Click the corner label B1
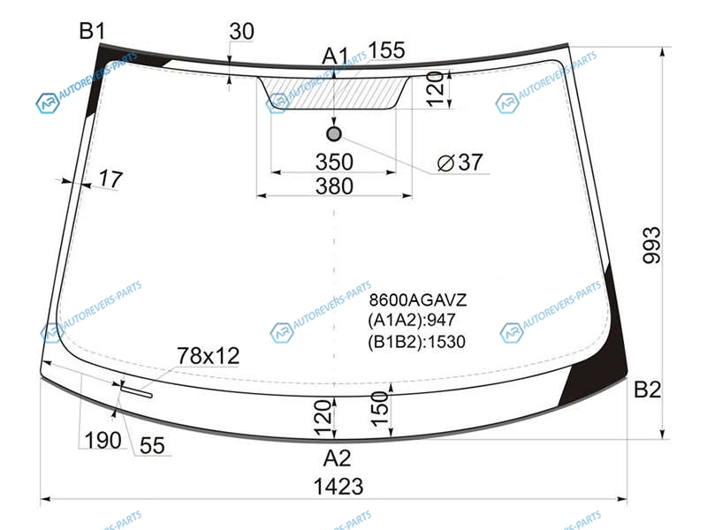pyautogui.click(x=93, y=31)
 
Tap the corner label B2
pyautogui.click(x=647, y=390)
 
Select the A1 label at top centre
pyautogui.click(x=336, y=57)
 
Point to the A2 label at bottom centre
pyautogui.click(x=337, y=458)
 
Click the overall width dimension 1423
pyautogui.click(x=338, y=487)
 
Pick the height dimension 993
pyautogui.click(x=651, y=245)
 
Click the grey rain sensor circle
pyautogui.click(x=334, y=134)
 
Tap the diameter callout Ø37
pyautogui.click(x=460, y=163)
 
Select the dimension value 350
pyautogui.click(x=334, y=162)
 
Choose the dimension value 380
pyautogui.click(x=334, y=186)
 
